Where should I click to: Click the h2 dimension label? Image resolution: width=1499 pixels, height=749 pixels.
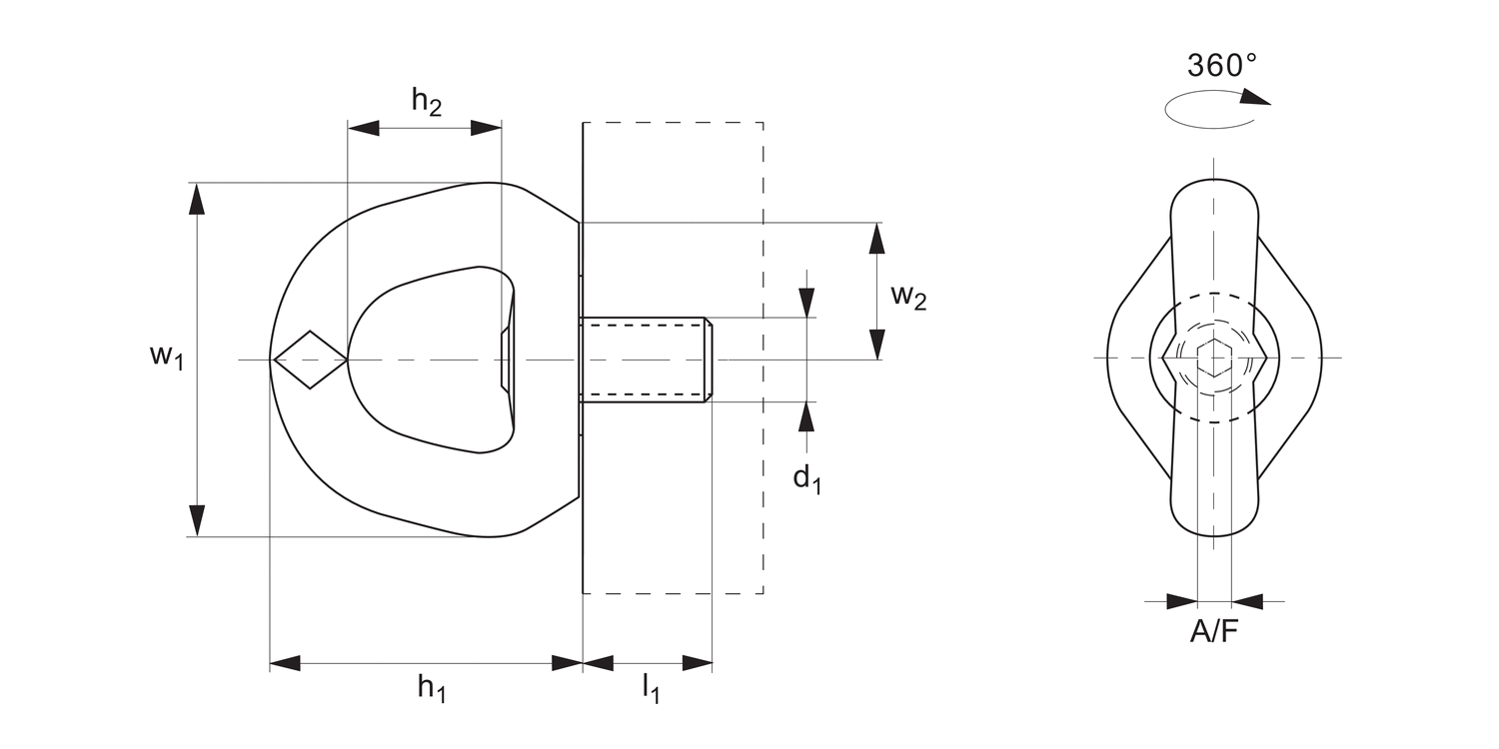(x=427, y=101)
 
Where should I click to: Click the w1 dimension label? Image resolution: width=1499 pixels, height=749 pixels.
(x=167, y=356)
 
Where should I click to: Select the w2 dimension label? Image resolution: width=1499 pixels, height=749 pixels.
(x=908, y=297)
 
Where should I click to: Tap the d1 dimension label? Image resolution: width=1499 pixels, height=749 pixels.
(x=807, y=479)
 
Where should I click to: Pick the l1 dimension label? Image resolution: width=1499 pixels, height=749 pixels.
(x=650, y=688)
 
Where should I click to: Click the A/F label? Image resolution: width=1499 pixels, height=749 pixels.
(x=1214, y=631)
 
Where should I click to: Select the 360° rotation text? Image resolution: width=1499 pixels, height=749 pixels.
(x=1221, y=65)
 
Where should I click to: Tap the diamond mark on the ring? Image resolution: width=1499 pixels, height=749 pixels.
(x=310, y=359)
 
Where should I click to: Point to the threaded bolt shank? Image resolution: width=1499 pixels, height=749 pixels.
(x=645, y=360)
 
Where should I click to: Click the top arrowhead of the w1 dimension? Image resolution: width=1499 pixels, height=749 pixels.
(x=197, y=199)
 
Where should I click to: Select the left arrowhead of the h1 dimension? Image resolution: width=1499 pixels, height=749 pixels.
(x=285, y=663)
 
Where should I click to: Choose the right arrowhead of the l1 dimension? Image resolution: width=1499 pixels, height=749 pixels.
(x=698, y=663)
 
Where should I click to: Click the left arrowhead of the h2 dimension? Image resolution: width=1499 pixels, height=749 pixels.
(x=364, y=128)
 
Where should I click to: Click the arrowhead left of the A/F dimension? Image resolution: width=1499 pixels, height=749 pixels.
(x=1182, y=601)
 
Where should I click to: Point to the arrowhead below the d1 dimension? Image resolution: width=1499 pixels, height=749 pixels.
(x=806, y=416)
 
